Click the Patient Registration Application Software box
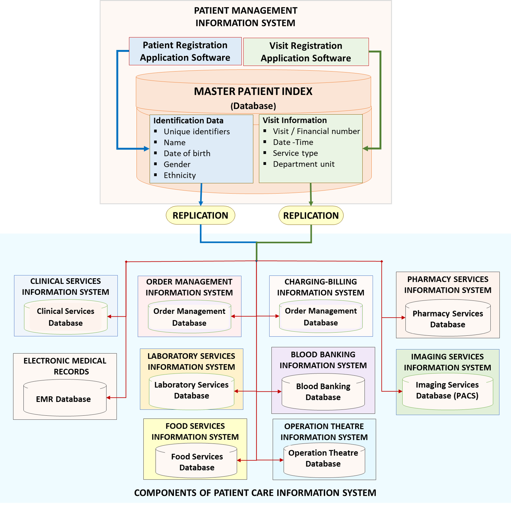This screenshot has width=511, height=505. [185, 51]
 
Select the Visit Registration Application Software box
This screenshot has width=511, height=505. [306, 52]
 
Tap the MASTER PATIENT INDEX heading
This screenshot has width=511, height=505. [253, 91]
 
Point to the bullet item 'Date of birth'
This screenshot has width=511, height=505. [187, 153]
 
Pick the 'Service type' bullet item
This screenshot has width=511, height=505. [295, 153]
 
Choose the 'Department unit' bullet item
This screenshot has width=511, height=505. [304, 164]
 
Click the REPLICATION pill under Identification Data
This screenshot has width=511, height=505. [200, 215]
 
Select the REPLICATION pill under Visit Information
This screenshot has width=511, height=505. [311, 215]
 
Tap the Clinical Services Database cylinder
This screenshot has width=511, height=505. [65, 317]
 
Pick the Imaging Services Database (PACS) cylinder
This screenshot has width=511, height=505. [447, 391]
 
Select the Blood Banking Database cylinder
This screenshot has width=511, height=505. [323, 392]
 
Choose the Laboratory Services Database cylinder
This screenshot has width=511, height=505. [191, 391]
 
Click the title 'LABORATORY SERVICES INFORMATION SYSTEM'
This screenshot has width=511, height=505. [191, 361]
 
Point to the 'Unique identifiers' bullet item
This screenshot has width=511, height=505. [196, 131]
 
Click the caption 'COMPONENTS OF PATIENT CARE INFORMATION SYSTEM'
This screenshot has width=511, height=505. [255, 493]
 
